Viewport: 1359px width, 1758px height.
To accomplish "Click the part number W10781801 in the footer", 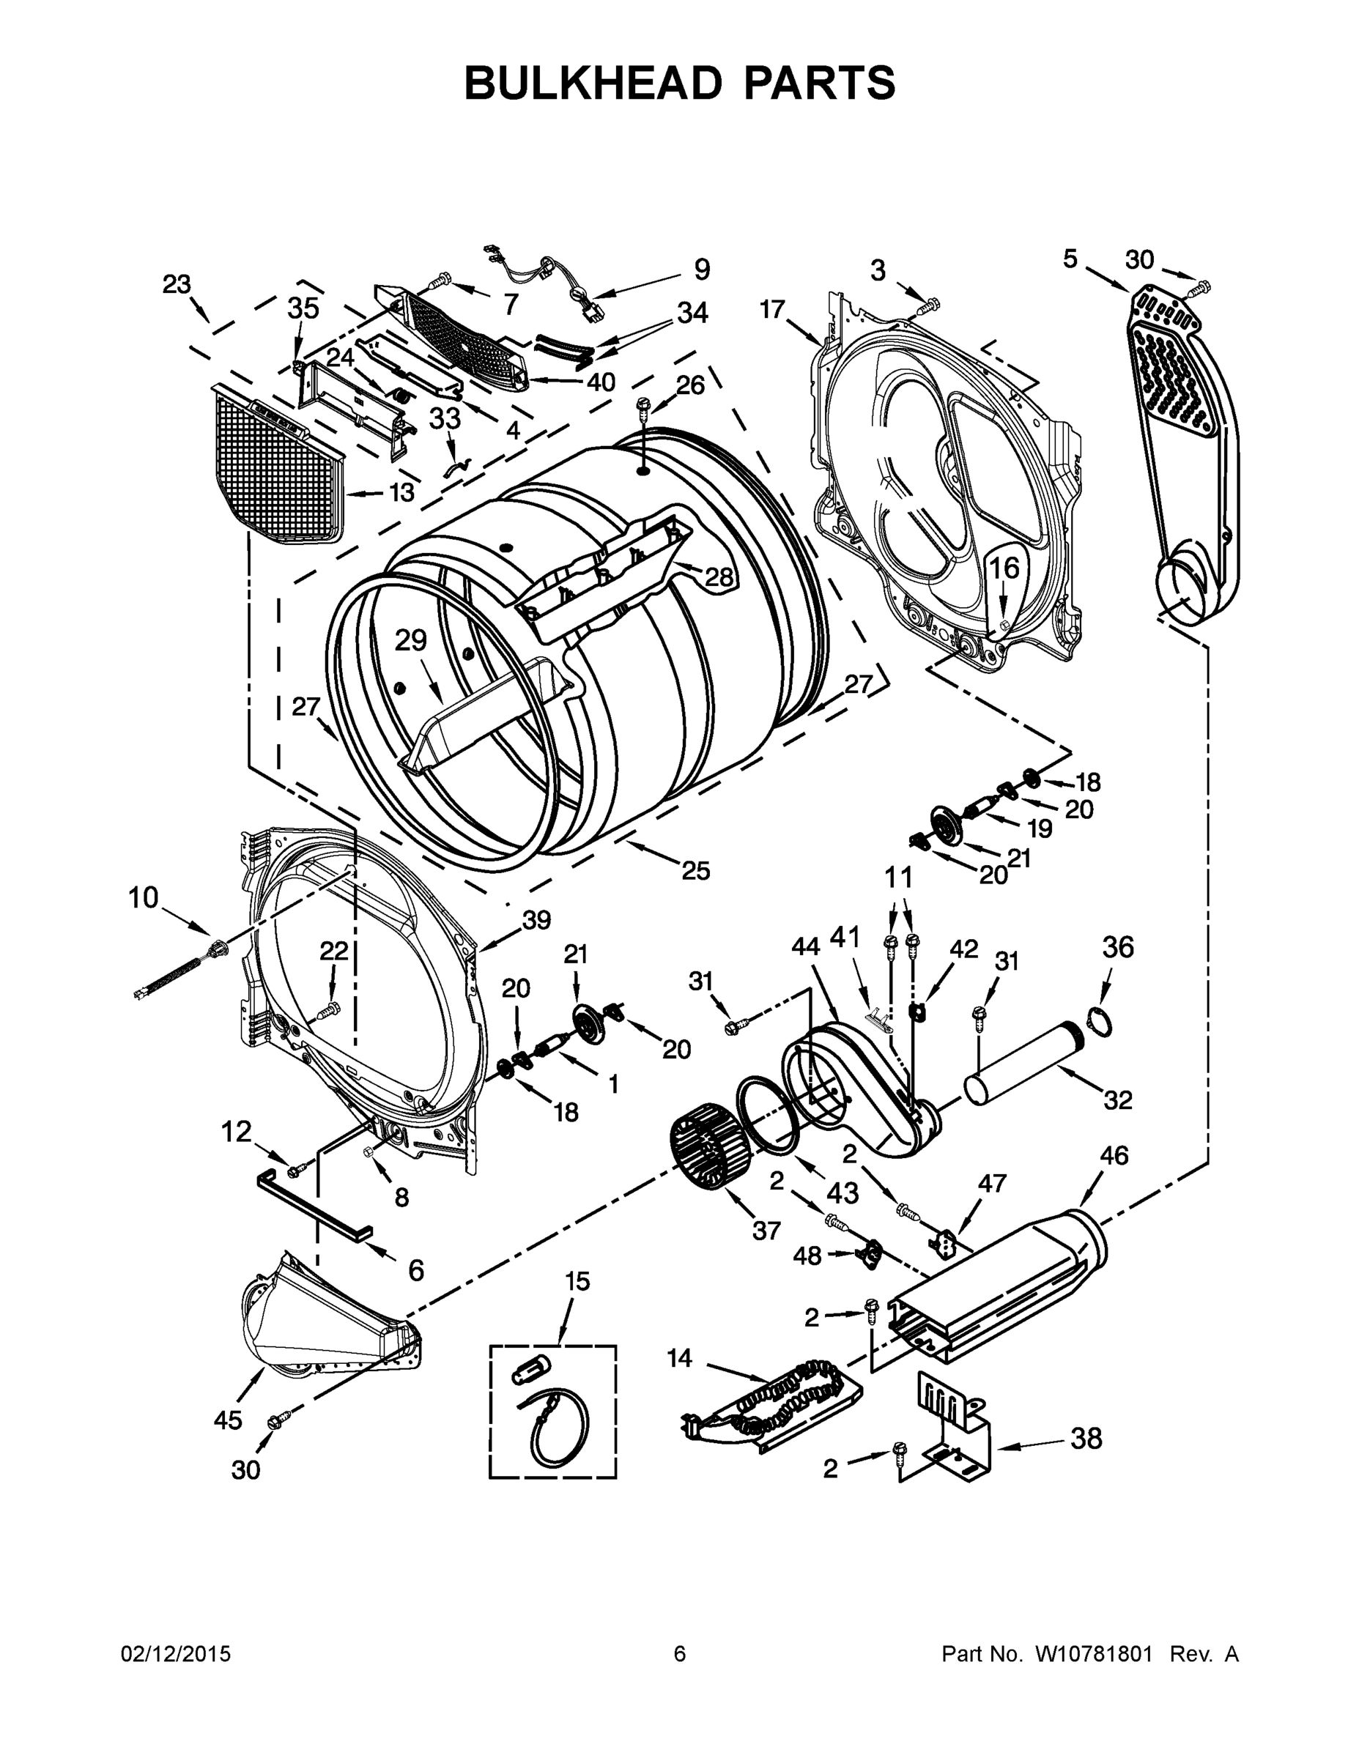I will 1084,1653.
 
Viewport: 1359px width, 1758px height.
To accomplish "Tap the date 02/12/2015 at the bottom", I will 176,1653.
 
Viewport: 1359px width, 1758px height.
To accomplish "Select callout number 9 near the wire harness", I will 701,270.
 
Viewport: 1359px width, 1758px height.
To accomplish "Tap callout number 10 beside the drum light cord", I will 144,897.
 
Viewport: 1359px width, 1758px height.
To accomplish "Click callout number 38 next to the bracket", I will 1086,1439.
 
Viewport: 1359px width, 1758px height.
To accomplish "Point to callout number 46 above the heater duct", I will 1114,1156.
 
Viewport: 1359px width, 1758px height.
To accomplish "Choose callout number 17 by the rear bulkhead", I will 771,309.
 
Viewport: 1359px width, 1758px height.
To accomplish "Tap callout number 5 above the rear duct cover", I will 1069,259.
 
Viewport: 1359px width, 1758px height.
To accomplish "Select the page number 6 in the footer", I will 680,1653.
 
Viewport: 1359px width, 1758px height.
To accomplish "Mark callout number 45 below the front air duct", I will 228,1421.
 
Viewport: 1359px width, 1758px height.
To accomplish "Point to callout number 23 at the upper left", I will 177,284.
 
